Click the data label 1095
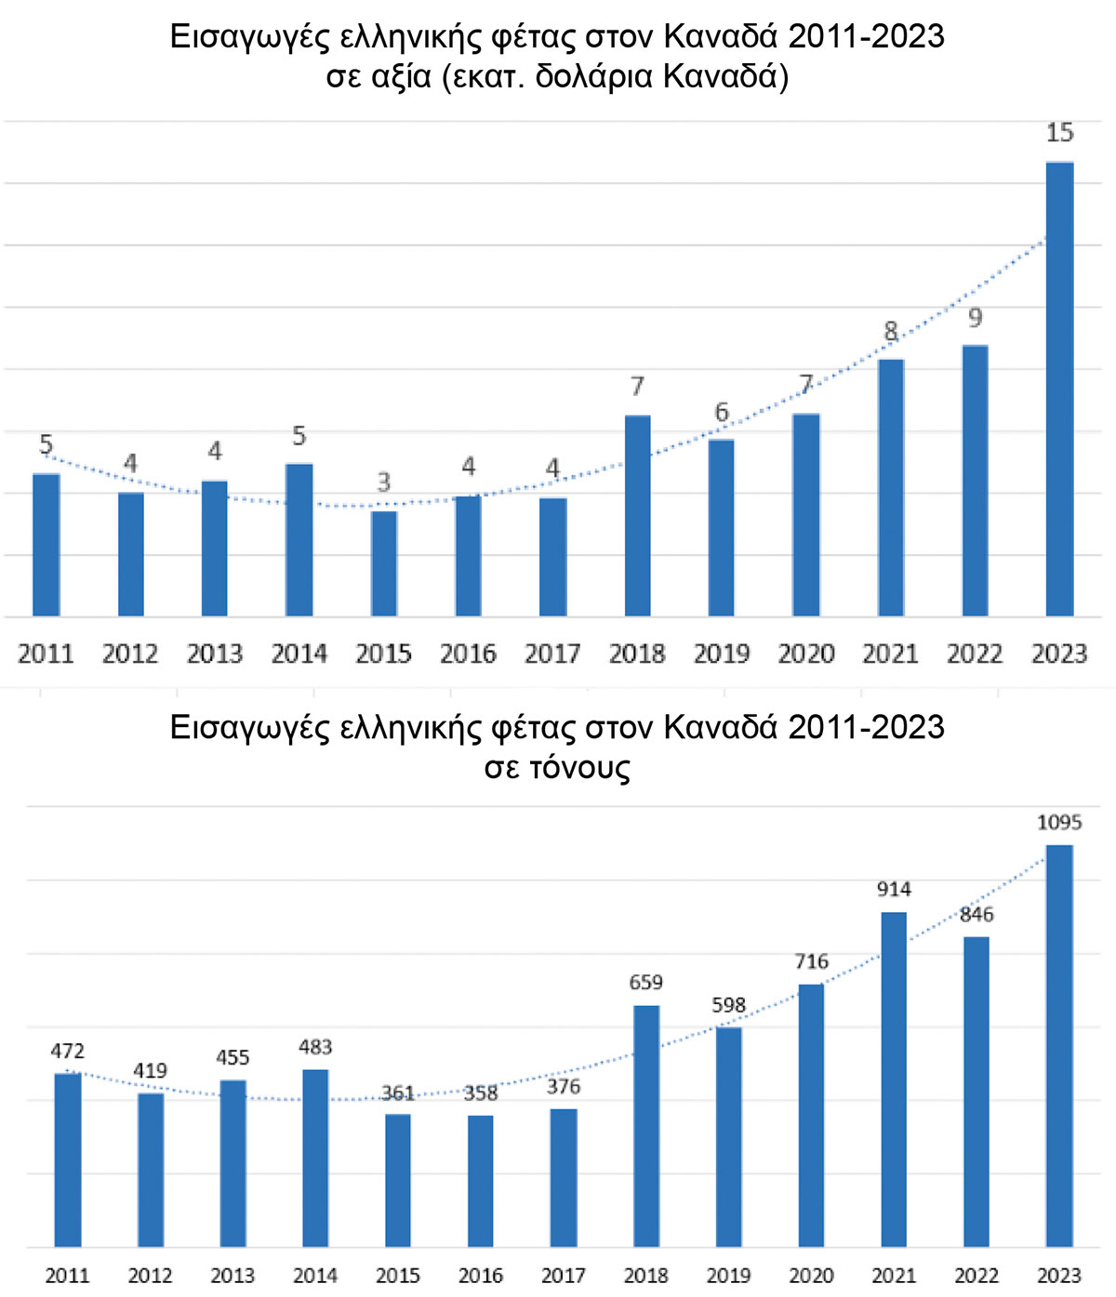pyautogui.click(x=1059, y=822)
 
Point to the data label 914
pyautogui.click(x=894, y=889)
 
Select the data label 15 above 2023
pyautogui.click(x=1059, y=133)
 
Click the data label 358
pyautogui.click(x=481, y=1093)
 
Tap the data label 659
pyautogui.click(x=646, y=983)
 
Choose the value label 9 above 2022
pyautogui.click(x=975, y=318)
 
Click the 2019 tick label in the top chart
pyautogui.click(x=722, y=655)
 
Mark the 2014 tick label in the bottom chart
pyautogui.click(x=315, y=1276)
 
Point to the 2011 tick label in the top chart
pyautogui.click(x=46, y=655)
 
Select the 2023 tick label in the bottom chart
pyautogui.click(x=1059, y=1276)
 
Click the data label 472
pyautogui.click(x=67, y=1051)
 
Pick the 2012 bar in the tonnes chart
pyautogui.click(x=151, y=1169)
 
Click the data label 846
pyautogui.click(x=976, y=914)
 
